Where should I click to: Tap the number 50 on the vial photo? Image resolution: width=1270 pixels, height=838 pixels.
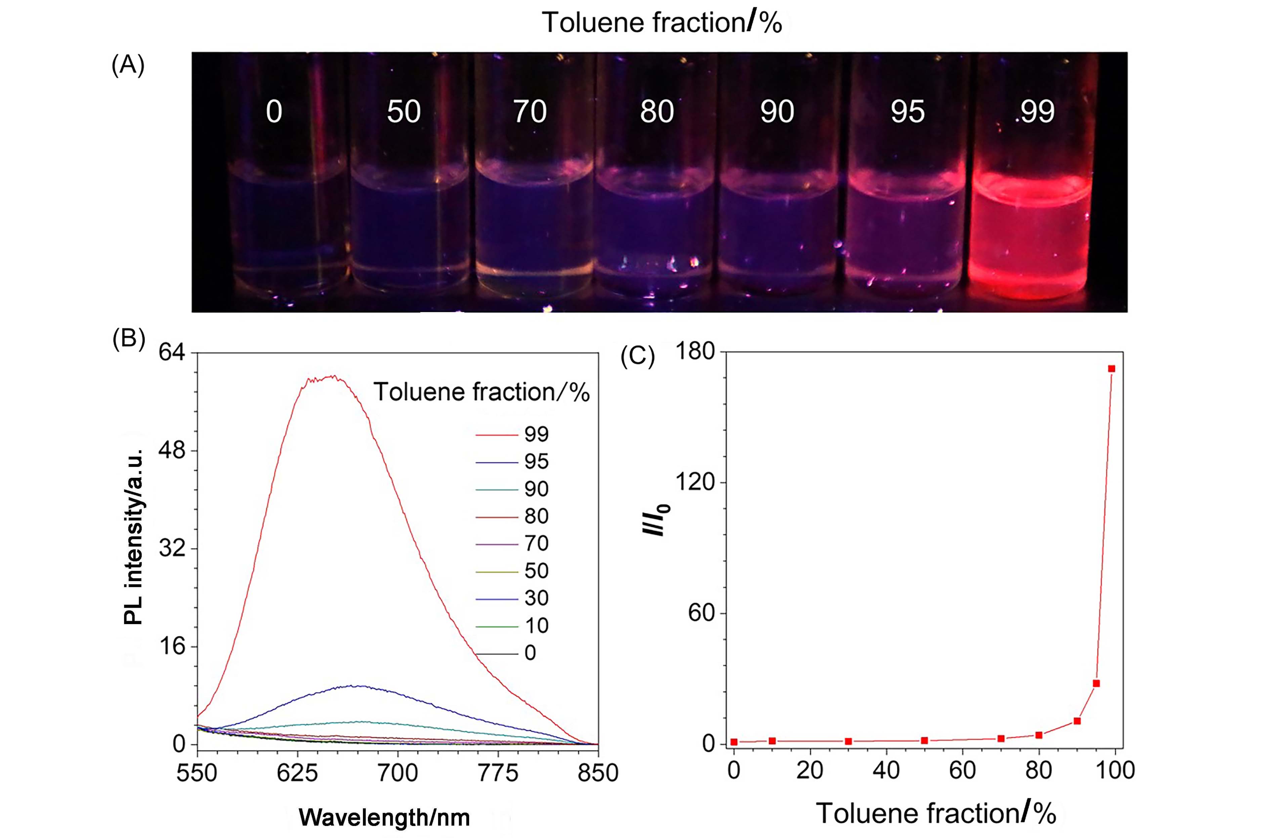click(x=404, y=112)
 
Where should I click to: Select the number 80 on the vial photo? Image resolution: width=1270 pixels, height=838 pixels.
click(x=657, y=112)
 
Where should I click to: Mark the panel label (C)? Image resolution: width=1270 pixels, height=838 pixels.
click(x=637, y=357)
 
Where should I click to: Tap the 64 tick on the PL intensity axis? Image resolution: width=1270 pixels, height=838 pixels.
click(x=172, y=353)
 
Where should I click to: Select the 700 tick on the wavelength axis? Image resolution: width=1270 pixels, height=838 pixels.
click(x=397, y=773)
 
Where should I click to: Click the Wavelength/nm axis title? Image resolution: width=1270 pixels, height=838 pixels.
click(x=384, y=817)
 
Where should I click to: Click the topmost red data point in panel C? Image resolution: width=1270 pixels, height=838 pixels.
click(x=1111, y=369)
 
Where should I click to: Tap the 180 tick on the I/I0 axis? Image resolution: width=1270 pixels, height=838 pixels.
click(x=695, y=352)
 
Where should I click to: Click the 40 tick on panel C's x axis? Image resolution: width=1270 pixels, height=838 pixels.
click(x=886, y=770)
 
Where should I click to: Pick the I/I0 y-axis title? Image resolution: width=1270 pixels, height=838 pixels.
click(x=656, y=518)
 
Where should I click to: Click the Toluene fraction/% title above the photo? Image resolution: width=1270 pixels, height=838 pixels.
click(x=662, y=22)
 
